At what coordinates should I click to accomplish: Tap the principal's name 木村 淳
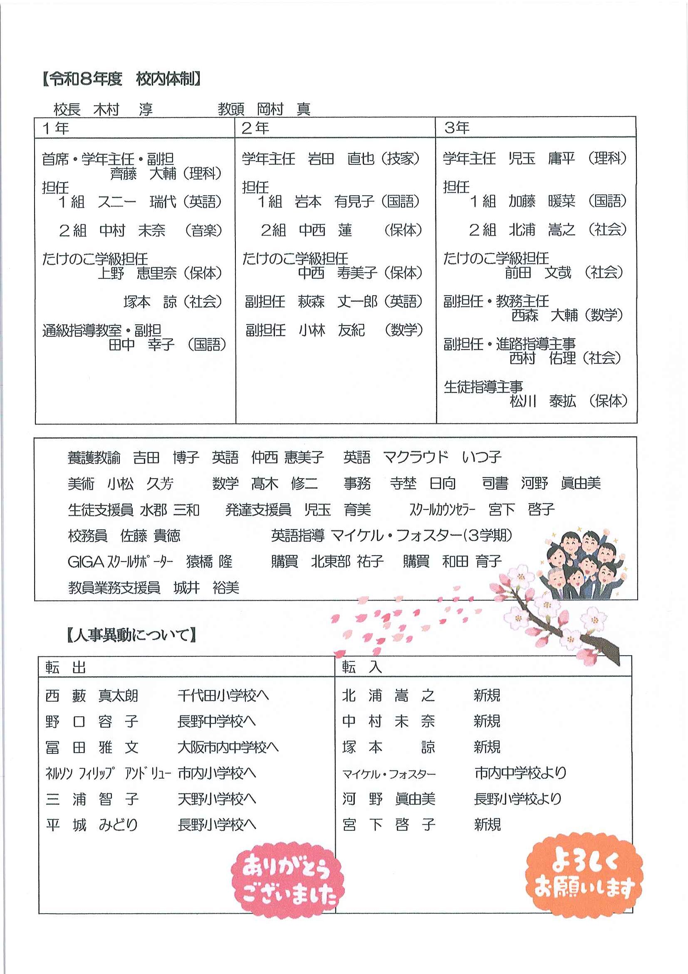(x=123, y=109)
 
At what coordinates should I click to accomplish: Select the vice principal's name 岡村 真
(x=283, y=109)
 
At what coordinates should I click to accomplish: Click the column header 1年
(x=56, y=128)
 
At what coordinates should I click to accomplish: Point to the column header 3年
(x=457, y=128)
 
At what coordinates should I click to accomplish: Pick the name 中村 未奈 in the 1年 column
(x=132, y=230)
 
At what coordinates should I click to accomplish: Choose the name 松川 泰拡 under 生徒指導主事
(x=542, y=401)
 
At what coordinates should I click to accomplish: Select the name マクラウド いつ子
(x=442, y=457)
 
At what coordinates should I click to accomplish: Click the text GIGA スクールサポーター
(x=120, y=562)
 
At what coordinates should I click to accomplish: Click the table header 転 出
(x=66, y=668)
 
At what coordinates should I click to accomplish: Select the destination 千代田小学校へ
(x=223, y=695)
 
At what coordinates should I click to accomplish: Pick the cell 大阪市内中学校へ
(x=228, y=747)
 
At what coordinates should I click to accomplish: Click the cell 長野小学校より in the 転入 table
(x=517, y=799)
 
